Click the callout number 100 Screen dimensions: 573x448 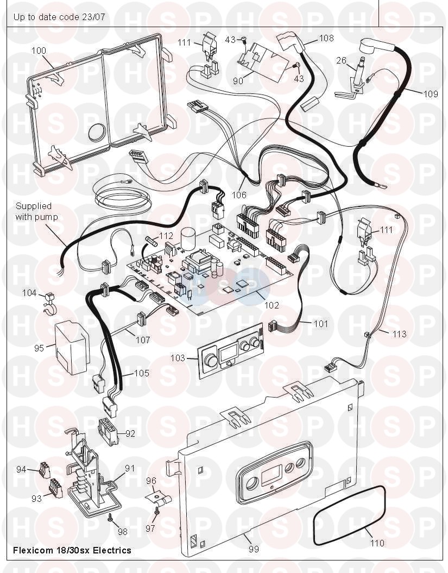click(39, 51)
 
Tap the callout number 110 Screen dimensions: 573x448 click(377, 543)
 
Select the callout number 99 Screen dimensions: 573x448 click(254, 549)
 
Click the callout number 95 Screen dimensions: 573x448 click(39, 348)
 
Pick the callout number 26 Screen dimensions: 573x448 click(341, 60)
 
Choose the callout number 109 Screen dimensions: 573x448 click(431, 93)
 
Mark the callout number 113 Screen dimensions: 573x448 click(399, 334)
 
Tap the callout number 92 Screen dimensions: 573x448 click(130, 434)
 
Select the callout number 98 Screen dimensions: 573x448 click(123, 531)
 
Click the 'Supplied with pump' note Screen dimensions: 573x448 click(36, 211)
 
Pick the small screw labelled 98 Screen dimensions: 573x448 click(110, 518)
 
